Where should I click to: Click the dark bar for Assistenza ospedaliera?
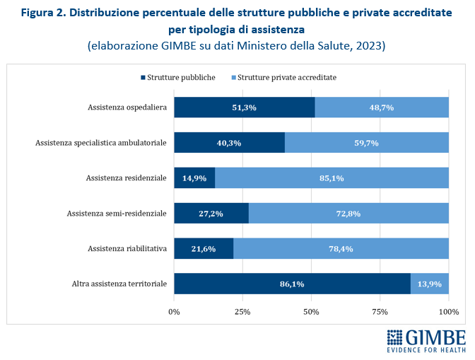coord(244,108)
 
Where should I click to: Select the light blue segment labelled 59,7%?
coord(366,143)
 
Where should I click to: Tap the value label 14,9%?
coord(194,178)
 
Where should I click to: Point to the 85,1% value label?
coord(332,178)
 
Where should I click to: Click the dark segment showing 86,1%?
coord(292,284)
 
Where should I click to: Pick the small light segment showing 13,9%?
coord(430,284)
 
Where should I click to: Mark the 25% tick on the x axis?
coord(242,310)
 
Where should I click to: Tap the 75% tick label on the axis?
coord(380,310)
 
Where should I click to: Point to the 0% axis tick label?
coord(174,310)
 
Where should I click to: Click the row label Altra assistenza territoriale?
coord(119,284)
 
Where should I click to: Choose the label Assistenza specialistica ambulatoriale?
coord(101,143)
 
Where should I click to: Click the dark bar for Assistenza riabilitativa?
coord(204,248)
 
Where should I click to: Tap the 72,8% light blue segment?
coord(348,213)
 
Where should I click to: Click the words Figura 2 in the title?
coord(45,14)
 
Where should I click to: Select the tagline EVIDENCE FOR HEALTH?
coord(426,349)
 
